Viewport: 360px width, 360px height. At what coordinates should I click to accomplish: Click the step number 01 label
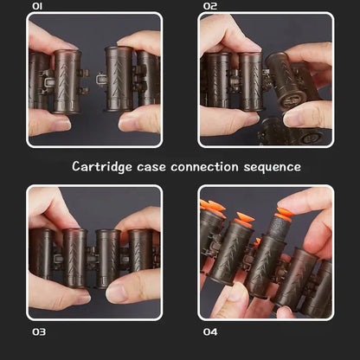coord(37,6)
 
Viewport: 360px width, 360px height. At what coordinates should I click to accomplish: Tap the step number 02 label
coord(210,6)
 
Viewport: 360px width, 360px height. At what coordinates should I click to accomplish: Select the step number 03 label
coord(39,332)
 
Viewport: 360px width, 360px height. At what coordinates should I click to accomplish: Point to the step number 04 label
coord(210,332)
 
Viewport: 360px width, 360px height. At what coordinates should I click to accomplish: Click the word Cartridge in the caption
coord(102,167)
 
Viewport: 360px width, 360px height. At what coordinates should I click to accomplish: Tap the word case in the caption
coord(151,167)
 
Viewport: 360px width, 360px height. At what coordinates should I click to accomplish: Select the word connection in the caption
coord(204,167)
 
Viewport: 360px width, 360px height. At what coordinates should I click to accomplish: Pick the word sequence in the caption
coord(272,168)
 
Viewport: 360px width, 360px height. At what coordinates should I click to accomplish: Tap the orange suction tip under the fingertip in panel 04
coord(284,215)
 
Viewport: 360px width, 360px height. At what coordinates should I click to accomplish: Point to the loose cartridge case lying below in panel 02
coord(292,133)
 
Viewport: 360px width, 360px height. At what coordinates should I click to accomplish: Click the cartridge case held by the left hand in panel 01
coord(67,81)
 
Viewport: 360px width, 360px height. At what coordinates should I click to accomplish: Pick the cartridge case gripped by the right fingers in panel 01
coord(119,79)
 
